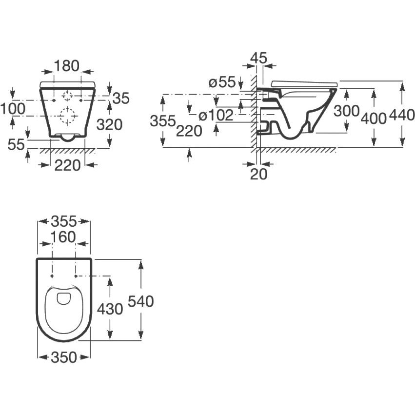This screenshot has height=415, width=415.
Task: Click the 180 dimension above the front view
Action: tap(67, 66)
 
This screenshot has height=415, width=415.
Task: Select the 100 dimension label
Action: tap(13, 109)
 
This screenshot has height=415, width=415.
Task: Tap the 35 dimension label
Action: tap(121, 99)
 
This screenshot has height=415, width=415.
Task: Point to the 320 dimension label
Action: tap(109, 125)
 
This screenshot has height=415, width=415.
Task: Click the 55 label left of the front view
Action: tap(16, 144)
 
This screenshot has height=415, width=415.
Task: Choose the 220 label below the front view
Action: tap(67, 166)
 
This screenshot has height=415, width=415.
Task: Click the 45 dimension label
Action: tap(259, 58)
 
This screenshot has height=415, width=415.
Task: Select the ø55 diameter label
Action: tap(222, 82)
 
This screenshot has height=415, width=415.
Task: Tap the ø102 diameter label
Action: tap(216, 115)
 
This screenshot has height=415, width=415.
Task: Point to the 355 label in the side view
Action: tap(163, 121)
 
